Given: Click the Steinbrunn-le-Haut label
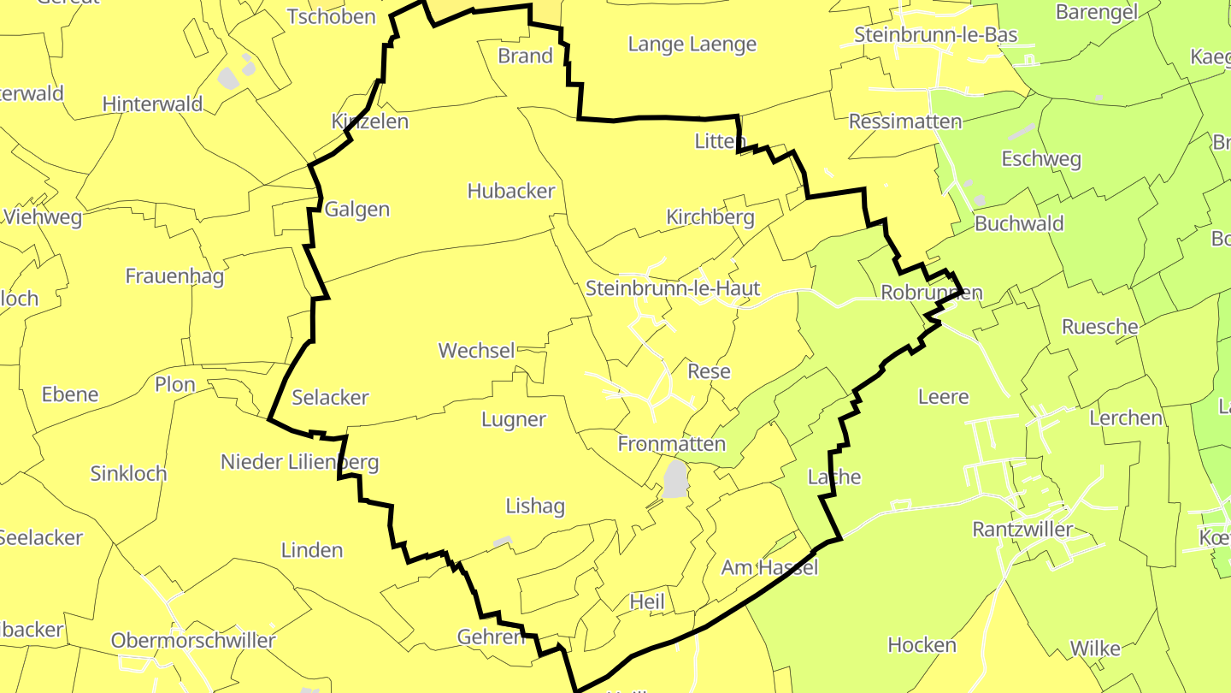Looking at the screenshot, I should pyautogui.click(x=673, y=288).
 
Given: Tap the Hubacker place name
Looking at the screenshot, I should pyautogui.click(x=511, y=191).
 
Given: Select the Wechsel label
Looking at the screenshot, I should pyautogui.click(x=476, y=350).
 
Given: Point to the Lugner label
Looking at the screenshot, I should pyautogui.click(x=513, y=419).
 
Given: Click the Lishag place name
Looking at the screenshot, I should pyautogui.click(x=534, y=506).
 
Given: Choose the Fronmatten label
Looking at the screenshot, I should pyautogui.click(x=671, y=444).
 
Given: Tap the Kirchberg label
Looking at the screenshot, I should pyautogui.click(x=710, y=217).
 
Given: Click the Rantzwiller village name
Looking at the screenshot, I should pyautogui.click(x=1022, y=530).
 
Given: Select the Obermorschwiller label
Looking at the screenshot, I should pyautogui.click(x=193, y=641).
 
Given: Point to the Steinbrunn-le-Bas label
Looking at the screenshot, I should pyautogui.click(x=936, y=35).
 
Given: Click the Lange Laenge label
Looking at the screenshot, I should pyautogui.click(x=692, y=44).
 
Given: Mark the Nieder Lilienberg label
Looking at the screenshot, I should pyautogui.click(x=299, y=463).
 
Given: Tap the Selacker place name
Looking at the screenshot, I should pyautogui.click(x=330, y=397).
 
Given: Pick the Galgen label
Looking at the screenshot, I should pyautogui.click(x=357, y=209).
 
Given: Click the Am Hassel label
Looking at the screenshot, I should pyautogui.click(x=769, y=567).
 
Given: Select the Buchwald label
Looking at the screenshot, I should pyautogui.click(x=1019, y=224).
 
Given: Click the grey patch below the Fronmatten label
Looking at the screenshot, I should pyautogui.click(x=676, y=479).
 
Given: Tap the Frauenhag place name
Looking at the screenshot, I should pyautogui.click(x=174, y=276).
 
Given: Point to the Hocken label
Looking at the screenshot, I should pyautogui.click(x=922, y=645).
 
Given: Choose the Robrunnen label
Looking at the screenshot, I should pyautogui.click(x=931, y=293).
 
